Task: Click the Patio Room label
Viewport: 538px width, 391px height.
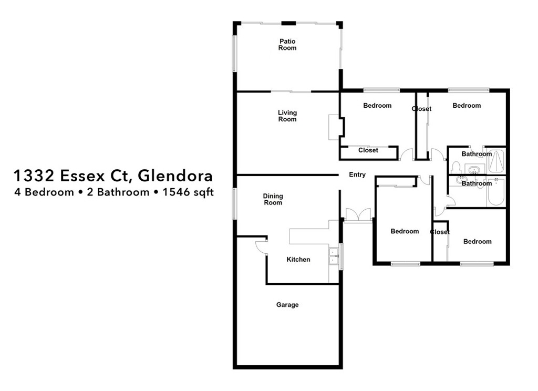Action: (x=287, y=45)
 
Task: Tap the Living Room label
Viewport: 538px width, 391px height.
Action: (x=287, y=116)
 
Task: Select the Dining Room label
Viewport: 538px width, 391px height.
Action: (x=273, y=199)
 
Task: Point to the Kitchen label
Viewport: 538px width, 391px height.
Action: (x=298, y=259)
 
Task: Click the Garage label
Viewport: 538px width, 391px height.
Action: (x=287, y=305)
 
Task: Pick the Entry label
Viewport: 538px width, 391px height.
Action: (x=357, y=175)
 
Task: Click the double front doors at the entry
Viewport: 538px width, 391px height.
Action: (x=358, y=215)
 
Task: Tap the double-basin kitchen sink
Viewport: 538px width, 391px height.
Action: (x=333, y=255)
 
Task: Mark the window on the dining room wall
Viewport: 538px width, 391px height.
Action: (x=234, y=203)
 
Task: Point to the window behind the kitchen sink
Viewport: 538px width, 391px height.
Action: (x=341, y=256)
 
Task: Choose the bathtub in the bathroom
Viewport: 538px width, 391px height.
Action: (x=496, y=192)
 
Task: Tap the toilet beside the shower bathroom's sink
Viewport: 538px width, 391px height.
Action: (x=456, y=168)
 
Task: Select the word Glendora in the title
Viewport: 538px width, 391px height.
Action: (x=177, y=174)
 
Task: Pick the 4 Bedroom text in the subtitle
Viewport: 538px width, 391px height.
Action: (x=44, y=192)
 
